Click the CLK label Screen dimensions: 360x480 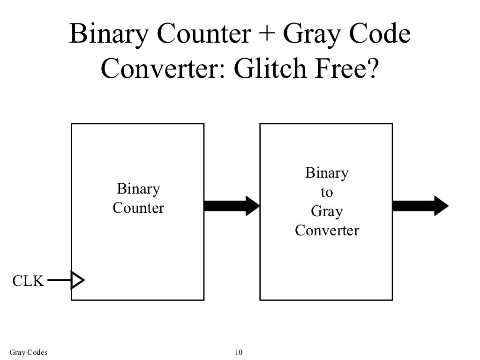click(x=27, y=281)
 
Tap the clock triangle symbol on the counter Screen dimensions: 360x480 click(x=77, y=280)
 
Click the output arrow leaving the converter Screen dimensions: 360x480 click(x=420, y=205)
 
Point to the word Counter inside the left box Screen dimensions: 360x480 click(x=138, y=208)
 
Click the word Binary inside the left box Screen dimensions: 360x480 click(x=138, y=189)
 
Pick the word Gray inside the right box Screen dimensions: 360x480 click(x=327, y=211)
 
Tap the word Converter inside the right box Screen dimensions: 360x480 click(x=327, y=231)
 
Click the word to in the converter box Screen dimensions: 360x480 click(x=327, y=192)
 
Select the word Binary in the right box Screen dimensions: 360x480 click(x=327, y=173)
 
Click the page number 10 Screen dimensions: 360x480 click(x=239, y=352)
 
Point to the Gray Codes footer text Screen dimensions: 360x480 click(x=29, y=352)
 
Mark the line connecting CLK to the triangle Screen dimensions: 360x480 click(x=59, y=281)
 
